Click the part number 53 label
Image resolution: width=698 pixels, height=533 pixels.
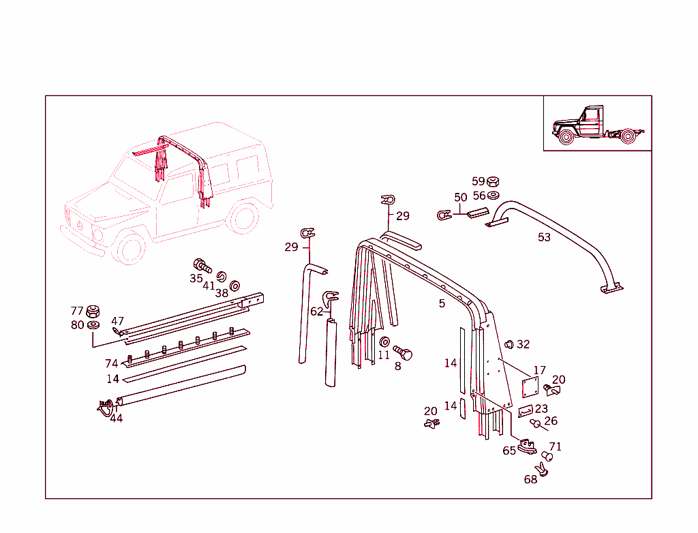click(x=544, y=237)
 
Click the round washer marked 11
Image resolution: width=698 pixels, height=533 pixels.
click(x=384, y=341)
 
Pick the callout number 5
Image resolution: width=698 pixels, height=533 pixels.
click(x=442, y=303)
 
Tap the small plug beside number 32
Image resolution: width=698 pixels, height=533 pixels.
click(x=509, y=344)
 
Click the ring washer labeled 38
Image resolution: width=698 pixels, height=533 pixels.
click(x=235, y=285)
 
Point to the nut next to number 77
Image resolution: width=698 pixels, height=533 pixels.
click(x=94, y=312)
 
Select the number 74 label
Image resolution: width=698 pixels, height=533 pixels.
click(x=111, y=364)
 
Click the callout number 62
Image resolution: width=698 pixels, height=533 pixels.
click(x=317, y=311)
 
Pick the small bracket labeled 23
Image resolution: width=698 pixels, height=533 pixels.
click(x=526, y=412)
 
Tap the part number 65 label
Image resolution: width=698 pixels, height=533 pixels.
click(x=509, y=451)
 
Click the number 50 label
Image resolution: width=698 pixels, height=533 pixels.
click(x=461, y=198)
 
